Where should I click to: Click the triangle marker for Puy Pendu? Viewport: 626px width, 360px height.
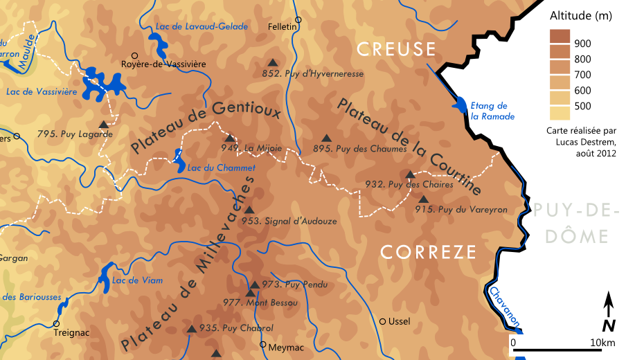[254, 285]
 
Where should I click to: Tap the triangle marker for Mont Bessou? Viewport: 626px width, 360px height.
[250, 294]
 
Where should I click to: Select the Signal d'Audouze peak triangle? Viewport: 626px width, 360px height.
[249, 210]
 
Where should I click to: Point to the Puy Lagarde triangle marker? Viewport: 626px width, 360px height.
[103, 125]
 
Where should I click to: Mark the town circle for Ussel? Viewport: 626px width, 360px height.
[382, 321]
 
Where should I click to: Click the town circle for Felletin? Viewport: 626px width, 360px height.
[298, 20]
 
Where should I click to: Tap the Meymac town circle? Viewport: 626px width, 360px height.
[262, 344]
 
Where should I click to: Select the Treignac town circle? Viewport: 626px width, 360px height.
[55, 323]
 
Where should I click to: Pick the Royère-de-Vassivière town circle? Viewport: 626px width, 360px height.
[134, 55]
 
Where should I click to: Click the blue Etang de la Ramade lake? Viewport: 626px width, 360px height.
[458, 105]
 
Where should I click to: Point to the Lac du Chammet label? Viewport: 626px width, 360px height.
[222, 168]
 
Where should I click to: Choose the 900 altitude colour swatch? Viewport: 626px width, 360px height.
[560, 37]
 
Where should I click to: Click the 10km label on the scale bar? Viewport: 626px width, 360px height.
[603, 343]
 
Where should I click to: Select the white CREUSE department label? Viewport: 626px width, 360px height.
[395, 49]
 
